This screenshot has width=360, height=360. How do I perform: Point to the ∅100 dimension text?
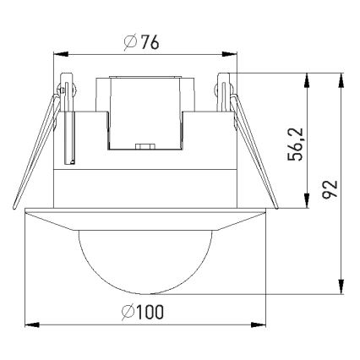coord(143,312)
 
